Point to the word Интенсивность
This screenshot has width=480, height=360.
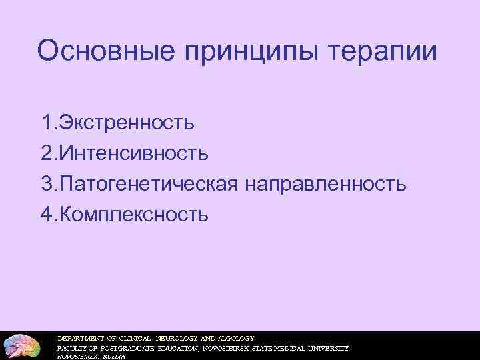tap(134, 153)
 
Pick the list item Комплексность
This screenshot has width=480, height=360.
tap(134, 215)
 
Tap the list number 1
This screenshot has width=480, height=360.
tap(47, 123)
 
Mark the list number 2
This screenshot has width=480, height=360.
tap(47, 153)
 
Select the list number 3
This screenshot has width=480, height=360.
tap(47, 184)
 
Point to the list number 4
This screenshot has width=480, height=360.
tap(47, 215)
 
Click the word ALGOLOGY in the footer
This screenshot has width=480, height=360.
tap(233, 337)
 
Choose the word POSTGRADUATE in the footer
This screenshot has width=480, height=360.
tap(125, 348)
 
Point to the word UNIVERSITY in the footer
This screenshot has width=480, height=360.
tap(326, 348)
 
